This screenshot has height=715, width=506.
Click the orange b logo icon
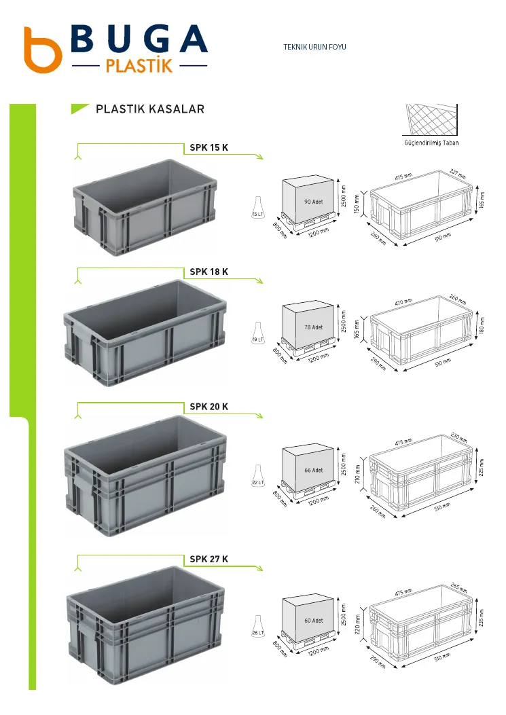coord(42,50)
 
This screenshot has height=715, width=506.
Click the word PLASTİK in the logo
coord(139,65)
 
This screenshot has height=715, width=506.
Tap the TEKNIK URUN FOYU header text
coord(315,46)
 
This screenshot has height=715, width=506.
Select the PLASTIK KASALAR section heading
coord(150,109)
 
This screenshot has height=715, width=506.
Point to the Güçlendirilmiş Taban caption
coord(431,143)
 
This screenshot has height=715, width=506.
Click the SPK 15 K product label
coord(209,147)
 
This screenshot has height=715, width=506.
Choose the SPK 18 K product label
coord(209,272)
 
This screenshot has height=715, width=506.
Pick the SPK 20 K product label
coord(209,406)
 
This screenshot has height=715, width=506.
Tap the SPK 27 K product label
coord(209,559)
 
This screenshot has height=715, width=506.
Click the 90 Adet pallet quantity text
coord(314,202)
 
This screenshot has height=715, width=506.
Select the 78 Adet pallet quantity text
coord(314,327)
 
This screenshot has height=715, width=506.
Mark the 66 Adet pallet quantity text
coord(314,470)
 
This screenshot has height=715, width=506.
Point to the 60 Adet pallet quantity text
coord(314,621)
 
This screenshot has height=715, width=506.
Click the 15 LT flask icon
coord(258,208)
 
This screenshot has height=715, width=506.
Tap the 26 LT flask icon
coord(258,627)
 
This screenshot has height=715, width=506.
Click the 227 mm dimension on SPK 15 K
coord(458,174)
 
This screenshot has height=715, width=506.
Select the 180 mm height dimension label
coord(482,325)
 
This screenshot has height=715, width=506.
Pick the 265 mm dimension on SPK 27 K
coord(458,588)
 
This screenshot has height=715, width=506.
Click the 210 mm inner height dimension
coord(358,474)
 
